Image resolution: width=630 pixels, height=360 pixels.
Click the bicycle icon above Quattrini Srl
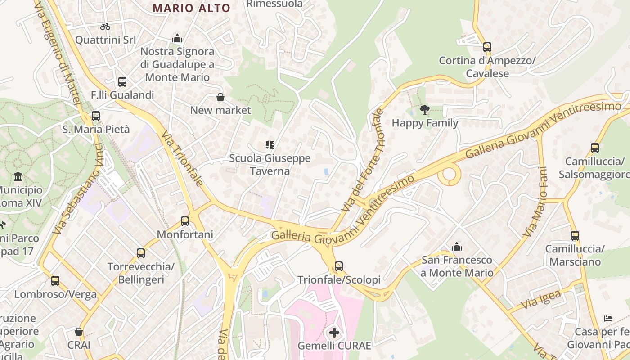(x=105, y=27)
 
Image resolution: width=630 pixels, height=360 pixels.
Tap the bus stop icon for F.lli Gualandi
(x=122, y=82)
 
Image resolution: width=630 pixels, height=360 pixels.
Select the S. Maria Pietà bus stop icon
(x=95, y=116)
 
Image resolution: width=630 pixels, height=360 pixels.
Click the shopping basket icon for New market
(x=220, y=97)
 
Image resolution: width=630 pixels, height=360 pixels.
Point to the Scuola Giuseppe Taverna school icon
(x=270, y=145)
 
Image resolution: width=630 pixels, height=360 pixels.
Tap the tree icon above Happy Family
(x=424, y=109)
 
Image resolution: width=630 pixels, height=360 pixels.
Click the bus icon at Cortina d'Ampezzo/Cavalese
(x=487, y=47)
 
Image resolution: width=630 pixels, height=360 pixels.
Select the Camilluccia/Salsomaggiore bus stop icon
(x=594, y=148)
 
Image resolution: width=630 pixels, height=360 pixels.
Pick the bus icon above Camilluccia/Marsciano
(x=575, y=235)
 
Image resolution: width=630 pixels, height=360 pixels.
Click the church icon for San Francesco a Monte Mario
(x=457, y=247)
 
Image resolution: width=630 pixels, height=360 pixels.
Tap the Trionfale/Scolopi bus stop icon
(x=339, y=266)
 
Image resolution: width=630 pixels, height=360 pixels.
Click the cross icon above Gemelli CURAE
(x=334, y=333)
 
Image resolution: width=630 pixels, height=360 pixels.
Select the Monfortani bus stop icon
(x=185, y=221)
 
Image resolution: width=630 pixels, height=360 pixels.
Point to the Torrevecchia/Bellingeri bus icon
(x=141, y=253)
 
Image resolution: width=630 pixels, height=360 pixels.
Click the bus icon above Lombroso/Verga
(x=55, y=281)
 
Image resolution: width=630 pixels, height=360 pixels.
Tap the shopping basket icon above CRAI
(x=79, y=332)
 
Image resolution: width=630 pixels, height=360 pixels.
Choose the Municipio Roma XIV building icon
(x=18, y=176)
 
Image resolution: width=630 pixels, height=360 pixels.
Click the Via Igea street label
(x=541, y=300)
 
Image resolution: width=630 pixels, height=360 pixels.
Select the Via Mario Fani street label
(x=536, y=202)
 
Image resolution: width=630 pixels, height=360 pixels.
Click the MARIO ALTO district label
(x=191, y=8)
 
